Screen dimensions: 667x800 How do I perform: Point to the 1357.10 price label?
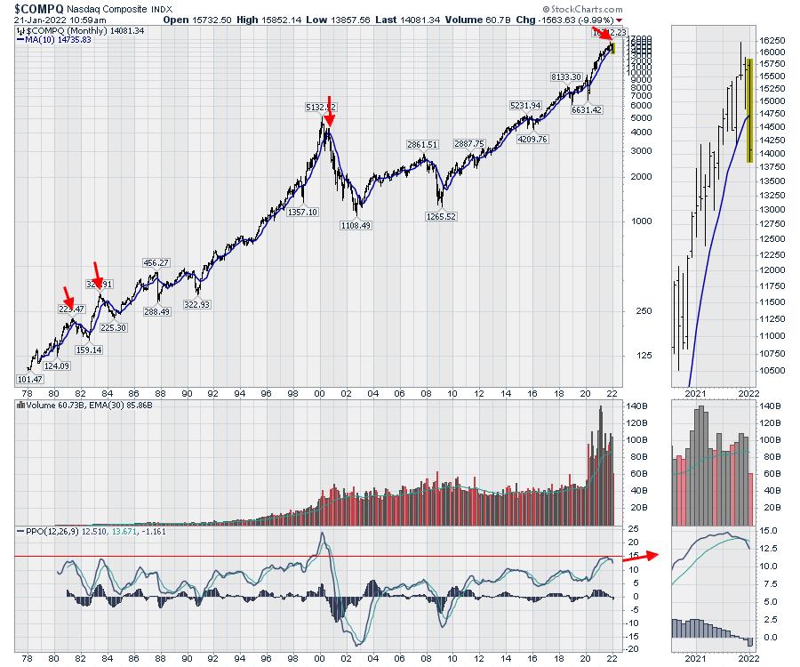pos(302,213)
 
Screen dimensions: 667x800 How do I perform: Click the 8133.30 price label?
pos(565,77)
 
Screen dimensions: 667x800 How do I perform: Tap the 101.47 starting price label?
pos(30,380)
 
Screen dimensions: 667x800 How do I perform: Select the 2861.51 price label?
pos(422,144)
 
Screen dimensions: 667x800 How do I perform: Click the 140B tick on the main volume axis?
pos(633,406)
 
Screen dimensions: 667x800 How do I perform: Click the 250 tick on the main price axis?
pos(632,310)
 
